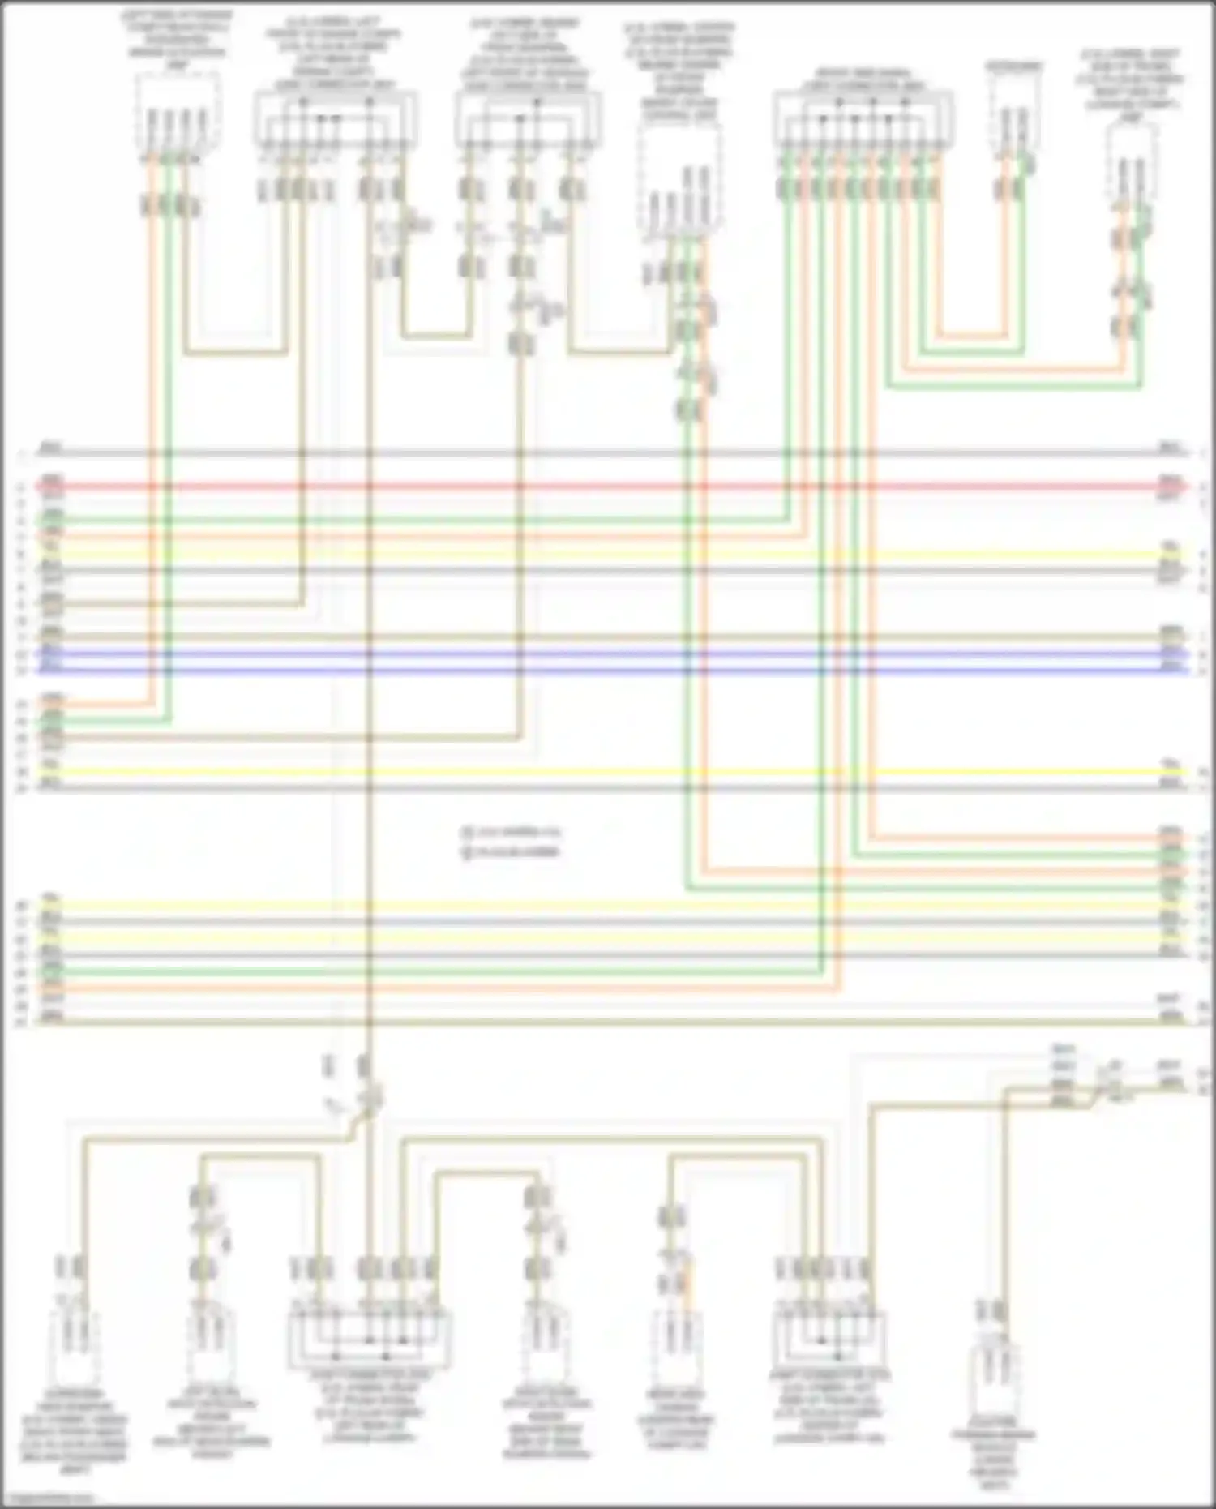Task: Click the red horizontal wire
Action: [608, 487]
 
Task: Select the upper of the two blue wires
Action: [608, 654]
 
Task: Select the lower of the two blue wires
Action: [608, 671]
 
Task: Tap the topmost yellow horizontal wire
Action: [608, 555]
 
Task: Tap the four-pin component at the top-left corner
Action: [177, 114]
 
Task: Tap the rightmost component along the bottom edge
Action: [997, 1378]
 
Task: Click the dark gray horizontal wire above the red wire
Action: [608, 452]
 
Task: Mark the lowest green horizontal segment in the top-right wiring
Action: [1013, 388]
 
